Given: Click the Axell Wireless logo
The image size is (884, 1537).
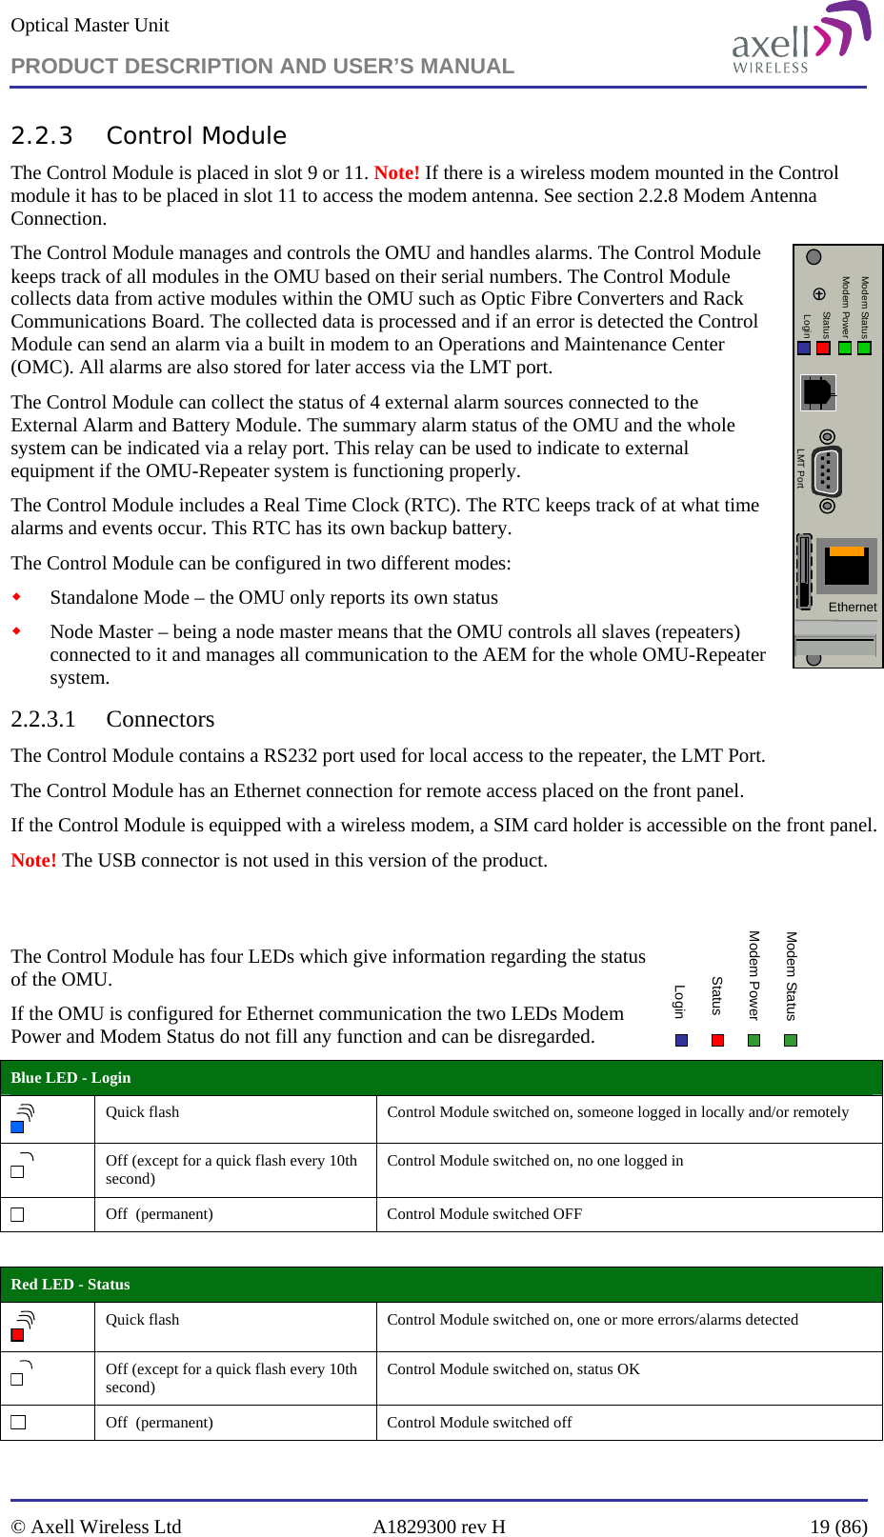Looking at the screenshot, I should pyautogui.click(x=800, y=40).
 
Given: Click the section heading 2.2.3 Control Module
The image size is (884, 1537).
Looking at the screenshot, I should pyautogui.click(x=149, y=136).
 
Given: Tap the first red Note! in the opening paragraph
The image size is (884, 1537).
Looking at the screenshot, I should pyautogui.click(x=396, y=172).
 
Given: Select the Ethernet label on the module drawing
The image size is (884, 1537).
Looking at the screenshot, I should pyautogui.click(x=852, y=607).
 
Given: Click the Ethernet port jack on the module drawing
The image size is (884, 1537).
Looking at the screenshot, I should pyautogui.click(x=847, y=566).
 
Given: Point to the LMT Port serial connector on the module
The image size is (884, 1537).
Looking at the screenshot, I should pyautogui.click(x=827, y=469).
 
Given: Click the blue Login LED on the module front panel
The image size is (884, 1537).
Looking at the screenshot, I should pyautogui.click(x=804, y=349).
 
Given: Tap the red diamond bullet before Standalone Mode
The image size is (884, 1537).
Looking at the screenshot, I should pyautogui.click(x=16, y=597).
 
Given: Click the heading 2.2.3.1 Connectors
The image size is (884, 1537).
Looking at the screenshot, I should pyautogui.click(x=112, y=719).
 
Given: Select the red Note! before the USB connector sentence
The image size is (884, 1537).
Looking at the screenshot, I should pyautogui.click(x=33, y=860).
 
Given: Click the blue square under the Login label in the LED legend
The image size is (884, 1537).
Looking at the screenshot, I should pyautogui.click(x=681, y=1040).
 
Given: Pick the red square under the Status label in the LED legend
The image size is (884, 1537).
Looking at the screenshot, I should pyautogui.click(x=718, y=1040).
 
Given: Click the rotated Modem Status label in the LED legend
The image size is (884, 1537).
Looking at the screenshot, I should pyautogui.click(x=791, y=976).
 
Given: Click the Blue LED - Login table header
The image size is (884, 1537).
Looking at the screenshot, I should pyautogui.click(x=70, y=1078).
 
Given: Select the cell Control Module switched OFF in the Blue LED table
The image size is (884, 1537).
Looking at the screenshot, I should pyautogui.click(x=484, y=1214).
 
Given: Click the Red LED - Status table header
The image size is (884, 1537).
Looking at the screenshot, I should pyautogui.click(x=70, y=1285).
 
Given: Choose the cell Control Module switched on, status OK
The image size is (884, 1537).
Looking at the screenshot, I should pyautogui.click(x=512, y=1369).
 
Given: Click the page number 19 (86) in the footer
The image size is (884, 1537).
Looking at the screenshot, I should pyautogui.click(x=838, y=1527).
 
